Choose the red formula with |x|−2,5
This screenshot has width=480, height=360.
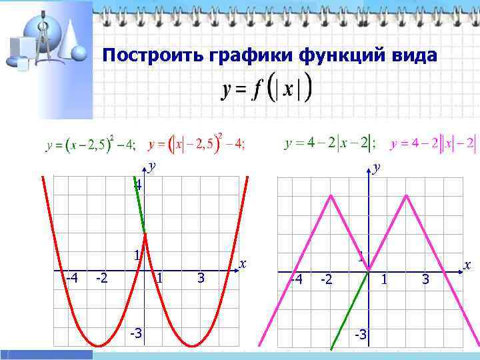(x=197, y=144)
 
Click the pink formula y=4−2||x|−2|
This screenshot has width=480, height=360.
(x=433, y=143)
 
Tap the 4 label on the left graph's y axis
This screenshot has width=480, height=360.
(x=137, y=185)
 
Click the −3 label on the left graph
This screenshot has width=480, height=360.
(x=135, y=332)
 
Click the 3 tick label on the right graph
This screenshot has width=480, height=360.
(x=426, y=280)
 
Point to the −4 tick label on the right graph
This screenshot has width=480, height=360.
(x=295, y=279)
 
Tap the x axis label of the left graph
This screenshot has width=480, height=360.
(x=243, y=264)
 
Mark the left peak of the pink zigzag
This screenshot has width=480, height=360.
(x=331, y=195)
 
